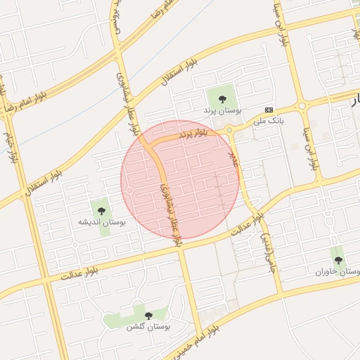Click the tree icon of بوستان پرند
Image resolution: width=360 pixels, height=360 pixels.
click(x=223, y=99)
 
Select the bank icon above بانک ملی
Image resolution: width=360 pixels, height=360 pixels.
click(x=269, y=110)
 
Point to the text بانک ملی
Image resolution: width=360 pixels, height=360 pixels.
click(x=270, y=121)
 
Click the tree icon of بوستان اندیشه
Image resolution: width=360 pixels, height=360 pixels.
click(x=101, y=210)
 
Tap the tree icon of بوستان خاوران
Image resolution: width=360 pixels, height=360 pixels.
click(x=338, y=259)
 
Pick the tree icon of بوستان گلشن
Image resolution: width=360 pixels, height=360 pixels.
click(x=148, y=316)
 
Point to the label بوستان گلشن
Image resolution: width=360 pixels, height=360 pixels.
click(x=149, y=327)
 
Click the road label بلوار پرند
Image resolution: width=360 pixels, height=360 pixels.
click(x=193, y=132)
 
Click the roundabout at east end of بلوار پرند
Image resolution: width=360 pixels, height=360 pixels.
click(x=229, y=130)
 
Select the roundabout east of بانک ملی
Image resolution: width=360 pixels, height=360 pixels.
click(x=302, y=106)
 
